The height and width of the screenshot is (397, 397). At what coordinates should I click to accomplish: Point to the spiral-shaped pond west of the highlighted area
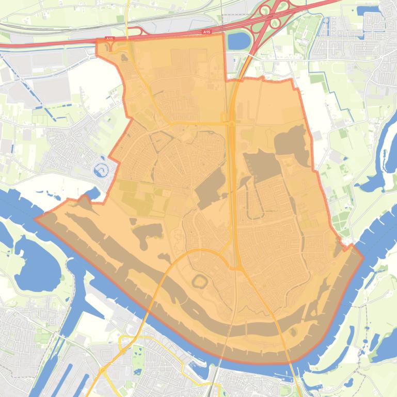click(x=101, y=169)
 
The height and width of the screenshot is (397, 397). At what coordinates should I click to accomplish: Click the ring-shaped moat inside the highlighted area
click(x=200, y=282)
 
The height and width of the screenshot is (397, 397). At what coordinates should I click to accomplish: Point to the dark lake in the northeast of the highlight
click(x=292, y=139)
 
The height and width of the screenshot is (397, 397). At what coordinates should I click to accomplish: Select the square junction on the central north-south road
click(x=228, y=119)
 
